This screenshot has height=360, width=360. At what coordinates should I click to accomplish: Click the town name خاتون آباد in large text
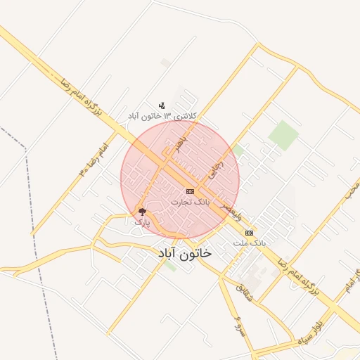184,252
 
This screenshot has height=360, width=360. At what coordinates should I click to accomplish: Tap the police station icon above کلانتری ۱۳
162,106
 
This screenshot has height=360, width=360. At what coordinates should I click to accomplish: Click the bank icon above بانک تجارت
190,191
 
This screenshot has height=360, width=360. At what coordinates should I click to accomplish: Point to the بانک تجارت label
191,202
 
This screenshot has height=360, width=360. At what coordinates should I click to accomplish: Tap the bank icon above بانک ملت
249,233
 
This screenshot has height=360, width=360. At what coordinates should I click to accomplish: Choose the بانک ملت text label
250,243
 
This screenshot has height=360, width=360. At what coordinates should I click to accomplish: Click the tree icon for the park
143,212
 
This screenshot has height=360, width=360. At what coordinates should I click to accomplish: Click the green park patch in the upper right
283,134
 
